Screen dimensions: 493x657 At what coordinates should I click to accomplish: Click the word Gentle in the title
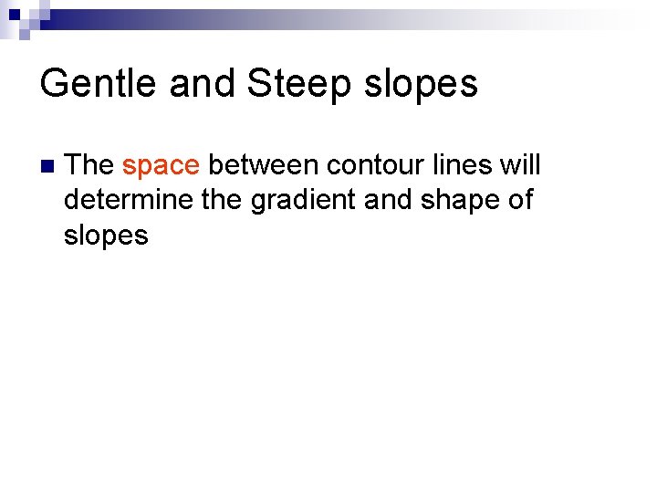(x=94, y=84)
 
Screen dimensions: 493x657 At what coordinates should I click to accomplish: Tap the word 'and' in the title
(x=193, y=84)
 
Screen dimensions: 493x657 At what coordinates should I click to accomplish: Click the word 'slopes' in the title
(x=421, y=84)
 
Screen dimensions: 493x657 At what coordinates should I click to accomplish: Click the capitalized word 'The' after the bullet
(x=89, y=165)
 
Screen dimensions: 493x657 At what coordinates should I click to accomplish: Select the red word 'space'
(x=161, y=166)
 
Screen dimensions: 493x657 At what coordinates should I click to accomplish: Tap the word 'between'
(x=263, y=165)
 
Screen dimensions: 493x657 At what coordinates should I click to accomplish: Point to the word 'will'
(x=522, y=165)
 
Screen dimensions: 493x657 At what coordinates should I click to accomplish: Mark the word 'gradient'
(x=304, y=201)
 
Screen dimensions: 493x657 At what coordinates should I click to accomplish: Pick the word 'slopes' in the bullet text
(x=106, y=236)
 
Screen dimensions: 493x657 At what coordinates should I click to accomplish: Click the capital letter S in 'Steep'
(x=258, y=84)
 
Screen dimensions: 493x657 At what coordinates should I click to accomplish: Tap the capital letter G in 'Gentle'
(x=53, y=84)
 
